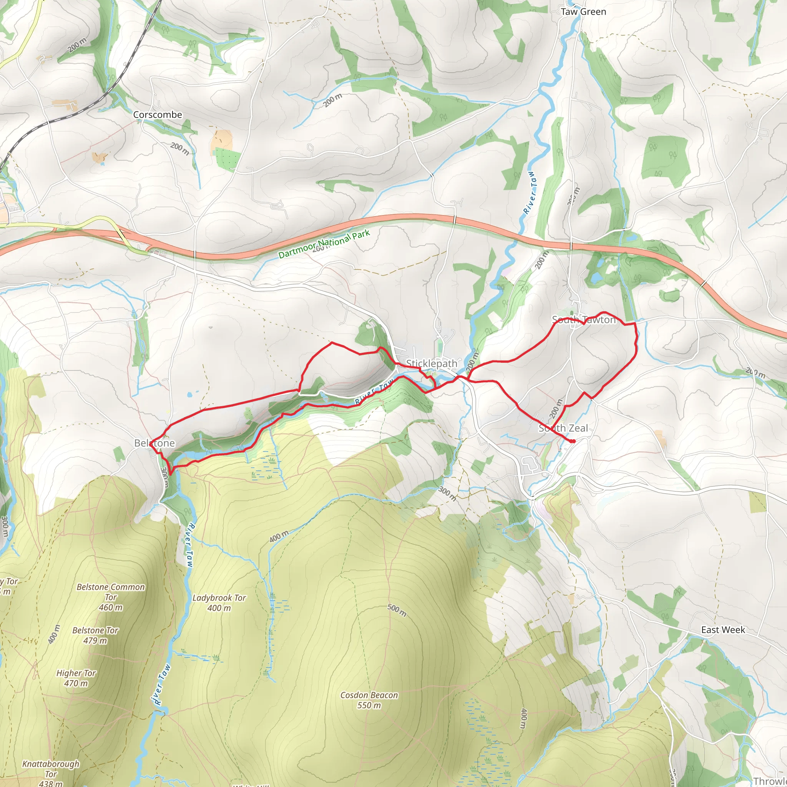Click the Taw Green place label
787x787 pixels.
click(x=583, y=12)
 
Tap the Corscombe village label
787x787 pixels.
click(x=158, y=115)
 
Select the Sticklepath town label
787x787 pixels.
click(x=432, y=364)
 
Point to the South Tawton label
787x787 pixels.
click(x=584, y=320)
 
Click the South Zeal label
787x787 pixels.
click(x=563, y=428)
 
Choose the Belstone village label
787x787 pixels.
click(x=154, y=443)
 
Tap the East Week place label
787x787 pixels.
click(x=723, y=630)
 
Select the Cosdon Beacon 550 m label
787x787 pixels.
click(x=369, y=700)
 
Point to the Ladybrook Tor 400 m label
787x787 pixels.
click(x=219, y=603)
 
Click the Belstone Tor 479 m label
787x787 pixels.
click(x=95, y=636)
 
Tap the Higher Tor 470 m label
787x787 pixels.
click(x=76, y=678)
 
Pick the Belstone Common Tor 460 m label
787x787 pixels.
click(x=111, y=597)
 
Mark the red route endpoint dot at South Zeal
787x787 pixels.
click(x=573, y=441)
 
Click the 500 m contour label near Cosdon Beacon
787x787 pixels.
click(x=396, y=610)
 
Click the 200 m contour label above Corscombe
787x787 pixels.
click(x=77, y=45)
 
